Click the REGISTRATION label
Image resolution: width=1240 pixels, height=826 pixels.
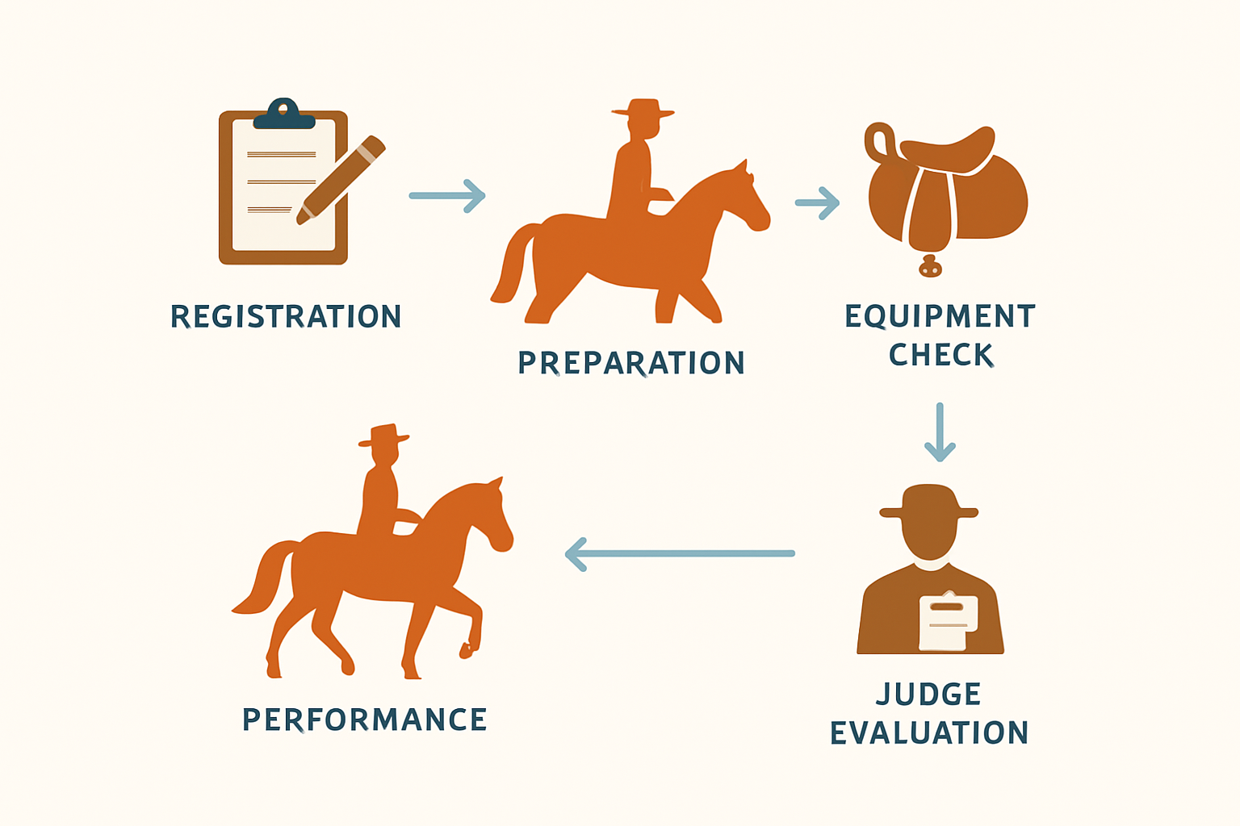click(286, 316)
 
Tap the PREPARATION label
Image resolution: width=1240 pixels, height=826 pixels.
click(631, 363)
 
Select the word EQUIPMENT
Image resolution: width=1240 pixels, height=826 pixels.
click(940, 316)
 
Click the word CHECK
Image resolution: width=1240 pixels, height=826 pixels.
click(941, 355)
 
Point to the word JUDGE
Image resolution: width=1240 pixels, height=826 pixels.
click(928, 694)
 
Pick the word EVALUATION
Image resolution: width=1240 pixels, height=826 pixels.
click(929, 732)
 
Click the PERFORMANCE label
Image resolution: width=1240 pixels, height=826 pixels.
click(365, 720)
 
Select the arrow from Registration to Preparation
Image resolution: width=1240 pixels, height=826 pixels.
click(447, 196)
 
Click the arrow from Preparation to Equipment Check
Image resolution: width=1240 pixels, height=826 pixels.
click(817, 203)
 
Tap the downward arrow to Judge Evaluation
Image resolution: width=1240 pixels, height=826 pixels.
click(940, 432)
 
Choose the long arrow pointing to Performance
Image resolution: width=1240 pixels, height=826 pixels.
click(680, 554)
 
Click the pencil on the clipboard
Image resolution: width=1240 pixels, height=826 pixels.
click(341, 180)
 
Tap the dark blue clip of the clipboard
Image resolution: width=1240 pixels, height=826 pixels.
click(284, 114)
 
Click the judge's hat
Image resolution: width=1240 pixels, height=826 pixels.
click(929, 502)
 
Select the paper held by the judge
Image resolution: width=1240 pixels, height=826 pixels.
click(948, 623)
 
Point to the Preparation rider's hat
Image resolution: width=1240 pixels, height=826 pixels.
click(643, 108)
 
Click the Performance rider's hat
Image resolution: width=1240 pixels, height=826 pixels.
click(383, 435)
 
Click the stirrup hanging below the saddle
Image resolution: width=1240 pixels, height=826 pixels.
click(930, 266)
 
